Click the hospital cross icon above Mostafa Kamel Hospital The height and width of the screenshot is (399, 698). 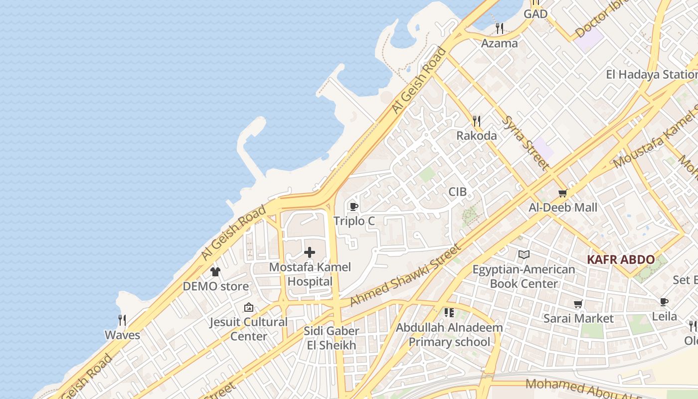click(x=310, y=252)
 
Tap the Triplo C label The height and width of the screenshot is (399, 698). click(x=354, y=221)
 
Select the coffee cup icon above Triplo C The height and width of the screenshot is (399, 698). click(x=354, y=206)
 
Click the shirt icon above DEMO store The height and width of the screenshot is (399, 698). click(x=215, y=272)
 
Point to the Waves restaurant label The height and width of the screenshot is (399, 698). click(x=122, y=335)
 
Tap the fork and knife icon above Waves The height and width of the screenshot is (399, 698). click(x=122, y=320)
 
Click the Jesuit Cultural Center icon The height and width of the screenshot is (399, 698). click(x=248, y=307)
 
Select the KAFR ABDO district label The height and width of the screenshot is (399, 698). click(x=620, y=259)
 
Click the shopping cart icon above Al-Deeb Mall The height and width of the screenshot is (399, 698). click(x=563, y=193)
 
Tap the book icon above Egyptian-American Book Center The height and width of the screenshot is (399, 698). click(x=523, y=255)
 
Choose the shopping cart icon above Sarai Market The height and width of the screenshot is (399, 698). click(x=578, y=304)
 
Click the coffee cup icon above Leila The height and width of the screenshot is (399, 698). click(x=664, y=302)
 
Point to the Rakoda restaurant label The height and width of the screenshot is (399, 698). click(x=477, y=136)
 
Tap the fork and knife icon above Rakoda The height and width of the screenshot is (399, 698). click(x=477, y=121)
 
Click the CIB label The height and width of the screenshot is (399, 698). click(x=457, y=192)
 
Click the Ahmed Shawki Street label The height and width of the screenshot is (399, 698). click(x=405, y=275)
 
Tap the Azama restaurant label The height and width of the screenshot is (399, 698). click(x=499, y=43)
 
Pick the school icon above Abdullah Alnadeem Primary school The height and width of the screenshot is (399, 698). click(x=449, y=313)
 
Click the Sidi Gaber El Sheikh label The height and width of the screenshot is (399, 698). click(x=331, y=338)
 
